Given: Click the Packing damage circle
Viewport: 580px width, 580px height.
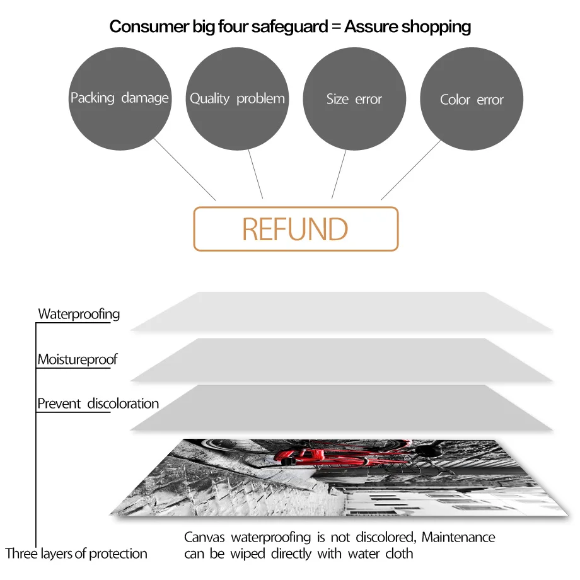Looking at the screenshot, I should tap(120, 98).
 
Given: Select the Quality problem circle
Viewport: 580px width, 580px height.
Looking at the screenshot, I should tap(237, 98).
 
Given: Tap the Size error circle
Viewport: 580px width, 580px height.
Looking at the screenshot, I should tap(354, 99).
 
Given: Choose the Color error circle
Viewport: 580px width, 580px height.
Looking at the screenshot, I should tap(472, 100).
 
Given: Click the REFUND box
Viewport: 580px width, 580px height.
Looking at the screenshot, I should tap(296, 229).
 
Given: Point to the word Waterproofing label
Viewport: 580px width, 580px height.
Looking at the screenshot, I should tap(79, 314).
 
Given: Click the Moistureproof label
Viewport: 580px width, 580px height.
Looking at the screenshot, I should tap(77, 360).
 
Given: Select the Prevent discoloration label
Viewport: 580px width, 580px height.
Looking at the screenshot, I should tap(98, 403).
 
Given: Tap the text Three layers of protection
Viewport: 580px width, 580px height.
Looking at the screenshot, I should tap(76, 554).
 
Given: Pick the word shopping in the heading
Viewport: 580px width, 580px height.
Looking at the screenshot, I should tap(437, 26).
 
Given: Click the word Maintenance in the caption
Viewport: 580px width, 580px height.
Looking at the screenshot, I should tap(458, 538).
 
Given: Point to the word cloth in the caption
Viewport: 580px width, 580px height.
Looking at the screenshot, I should tap(398, 554).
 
